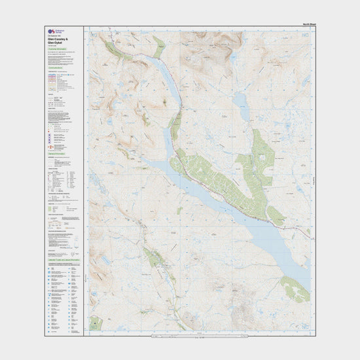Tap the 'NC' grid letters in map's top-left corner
pos(88,31)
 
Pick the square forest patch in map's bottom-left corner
pos(96,322)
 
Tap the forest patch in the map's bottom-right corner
pos(295,288)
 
